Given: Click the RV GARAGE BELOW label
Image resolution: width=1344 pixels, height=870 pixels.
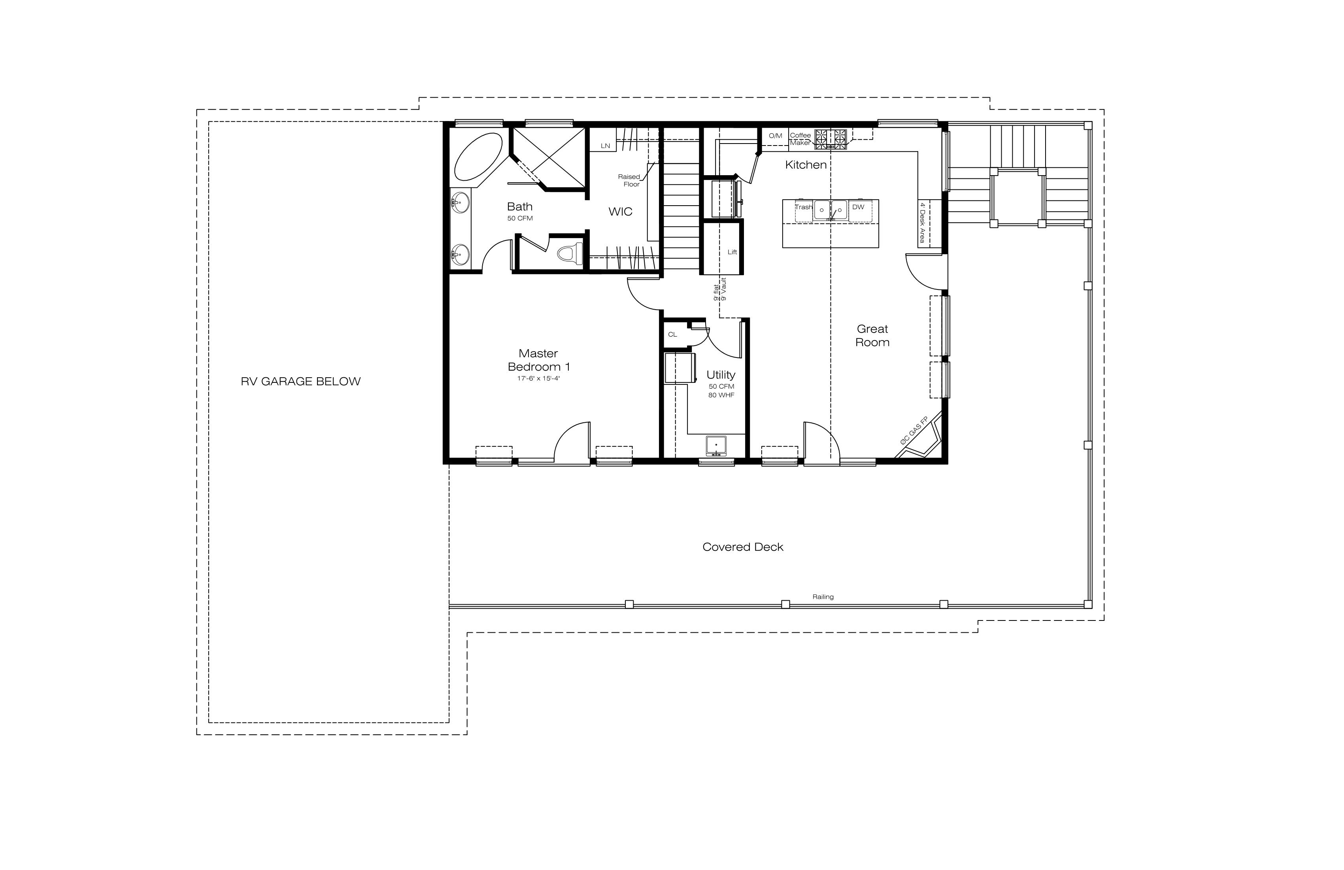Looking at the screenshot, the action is (x=300, y=381).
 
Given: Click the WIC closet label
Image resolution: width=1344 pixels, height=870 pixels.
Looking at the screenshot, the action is (x=620, y=212).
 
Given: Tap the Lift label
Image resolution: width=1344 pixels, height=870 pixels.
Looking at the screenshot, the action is (x=732, y=252).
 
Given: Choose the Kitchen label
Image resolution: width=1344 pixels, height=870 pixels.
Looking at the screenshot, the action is (x=806, y=165).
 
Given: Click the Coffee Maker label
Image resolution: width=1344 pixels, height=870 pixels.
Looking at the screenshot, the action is (x=800, y=139).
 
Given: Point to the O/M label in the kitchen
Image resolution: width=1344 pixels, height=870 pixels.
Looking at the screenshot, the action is (x=775, y=136).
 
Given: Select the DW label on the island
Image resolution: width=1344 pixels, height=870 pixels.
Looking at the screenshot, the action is (x=858, y=207).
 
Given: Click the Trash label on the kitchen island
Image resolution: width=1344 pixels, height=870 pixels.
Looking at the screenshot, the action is (x=804, y=207).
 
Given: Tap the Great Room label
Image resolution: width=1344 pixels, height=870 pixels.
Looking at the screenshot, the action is (x=872, y=336).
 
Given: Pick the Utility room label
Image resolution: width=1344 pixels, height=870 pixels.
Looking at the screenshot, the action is (x=721, y=374).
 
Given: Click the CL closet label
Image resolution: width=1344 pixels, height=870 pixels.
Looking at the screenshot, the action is (x=672, y=335).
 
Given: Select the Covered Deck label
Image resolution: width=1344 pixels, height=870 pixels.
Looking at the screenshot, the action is (x=743, y=547).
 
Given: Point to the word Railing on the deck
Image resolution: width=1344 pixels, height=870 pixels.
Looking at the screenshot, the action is (x=823, y=597).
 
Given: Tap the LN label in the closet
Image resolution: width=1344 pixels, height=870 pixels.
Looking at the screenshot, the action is (x=605, y=146).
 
